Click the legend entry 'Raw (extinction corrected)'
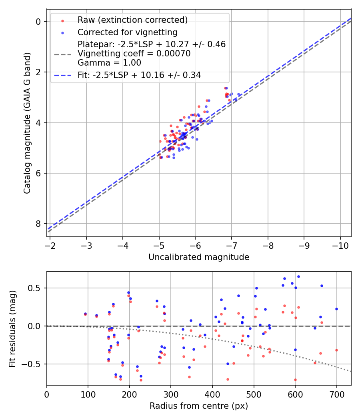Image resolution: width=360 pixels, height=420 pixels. (132, 20)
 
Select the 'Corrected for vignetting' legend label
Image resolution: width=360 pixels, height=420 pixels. (128, 32)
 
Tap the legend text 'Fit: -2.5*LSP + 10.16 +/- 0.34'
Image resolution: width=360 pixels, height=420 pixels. (139, 75)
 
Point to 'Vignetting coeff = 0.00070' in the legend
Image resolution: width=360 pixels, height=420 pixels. (134, 54)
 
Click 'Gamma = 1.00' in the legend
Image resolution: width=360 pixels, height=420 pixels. (109, 62)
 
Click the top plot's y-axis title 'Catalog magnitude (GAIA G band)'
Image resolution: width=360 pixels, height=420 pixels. (27, 123)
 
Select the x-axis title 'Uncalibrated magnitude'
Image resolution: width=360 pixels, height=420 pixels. (199, 257)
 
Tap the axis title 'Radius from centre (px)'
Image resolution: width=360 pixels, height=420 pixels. (199, 406)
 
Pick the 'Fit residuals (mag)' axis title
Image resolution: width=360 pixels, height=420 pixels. (12, 328)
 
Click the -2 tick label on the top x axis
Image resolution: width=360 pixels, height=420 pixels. (50, 245)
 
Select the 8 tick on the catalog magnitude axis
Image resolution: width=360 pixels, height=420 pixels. (38, 224)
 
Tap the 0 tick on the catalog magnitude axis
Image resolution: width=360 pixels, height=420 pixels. (38, 22)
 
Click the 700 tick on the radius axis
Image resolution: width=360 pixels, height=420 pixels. (336, 394)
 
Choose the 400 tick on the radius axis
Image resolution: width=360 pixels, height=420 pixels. (212, 394)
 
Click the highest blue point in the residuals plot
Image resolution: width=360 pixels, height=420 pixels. (298, 276)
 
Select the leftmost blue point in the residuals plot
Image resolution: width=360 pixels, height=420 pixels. (85, 314)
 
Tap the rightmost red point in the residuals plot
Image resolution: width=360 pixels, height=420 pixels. (336, 350)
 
